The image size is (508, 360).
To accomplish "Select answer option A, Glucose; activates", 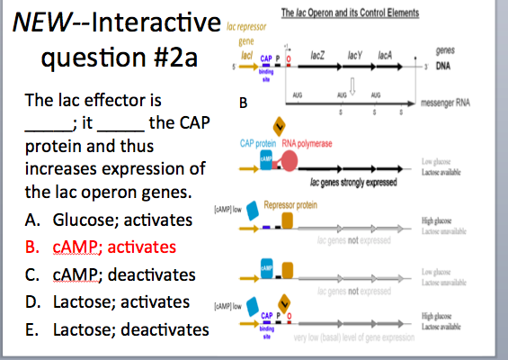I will pyautogui.click(x=109, y=220).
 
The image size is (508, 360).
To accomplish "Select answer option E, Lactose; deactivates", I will pyautogui.click(x=117, y=329).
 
